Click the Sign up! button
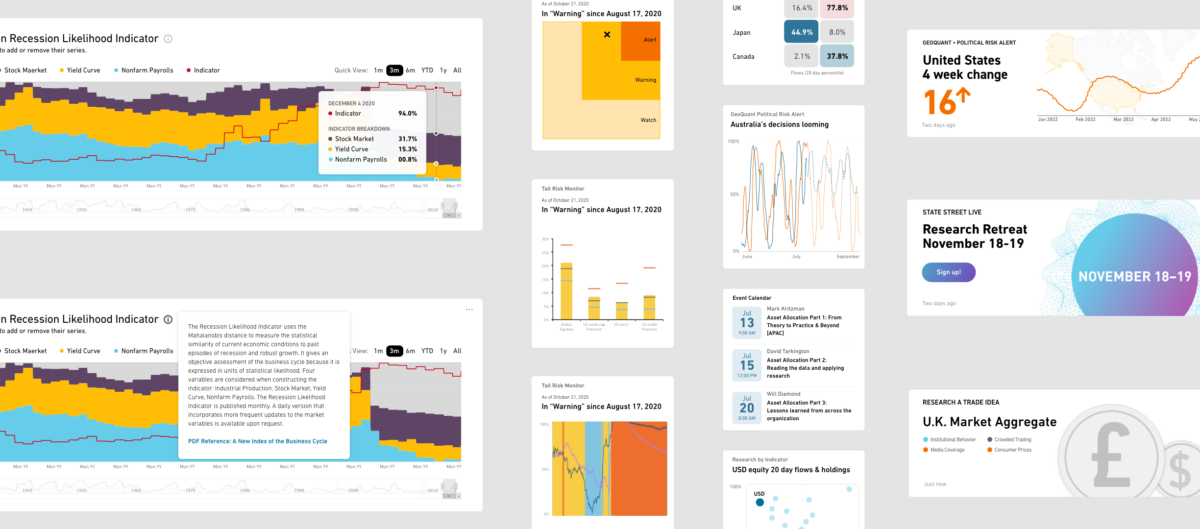(948, 272)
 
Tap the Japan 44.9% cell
(801, 32)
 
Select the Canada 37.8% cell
(837, 56)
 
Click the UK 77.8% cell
(837, 8)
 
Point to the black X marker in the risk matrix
(607, 35)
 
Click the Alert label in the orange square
(650, 40)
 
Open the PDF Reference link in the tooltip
(257, 441)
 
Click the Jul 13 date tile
(747, 322)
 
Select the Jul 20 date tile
(747, 408)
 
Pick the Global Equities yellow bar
(566, 291)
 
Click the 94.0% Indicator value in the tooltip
(407, 114)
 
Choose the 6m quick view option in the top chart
(410, 71)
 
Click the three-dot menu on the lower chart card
(469, 310)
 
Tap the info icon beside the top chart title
(168, 39)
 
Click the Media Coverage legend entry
(947, 450)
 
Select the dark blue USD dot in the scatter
(759, 503)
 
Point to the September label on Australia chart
(847, 257)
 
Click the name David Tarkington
(788, 352)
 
